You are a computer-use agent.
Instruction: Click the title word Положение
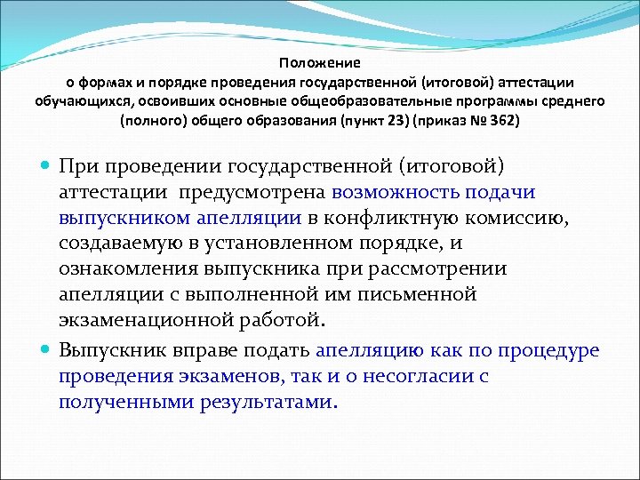pos(319,63)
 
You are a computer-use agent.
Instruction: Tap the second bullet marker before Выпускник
pos(47,350)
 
